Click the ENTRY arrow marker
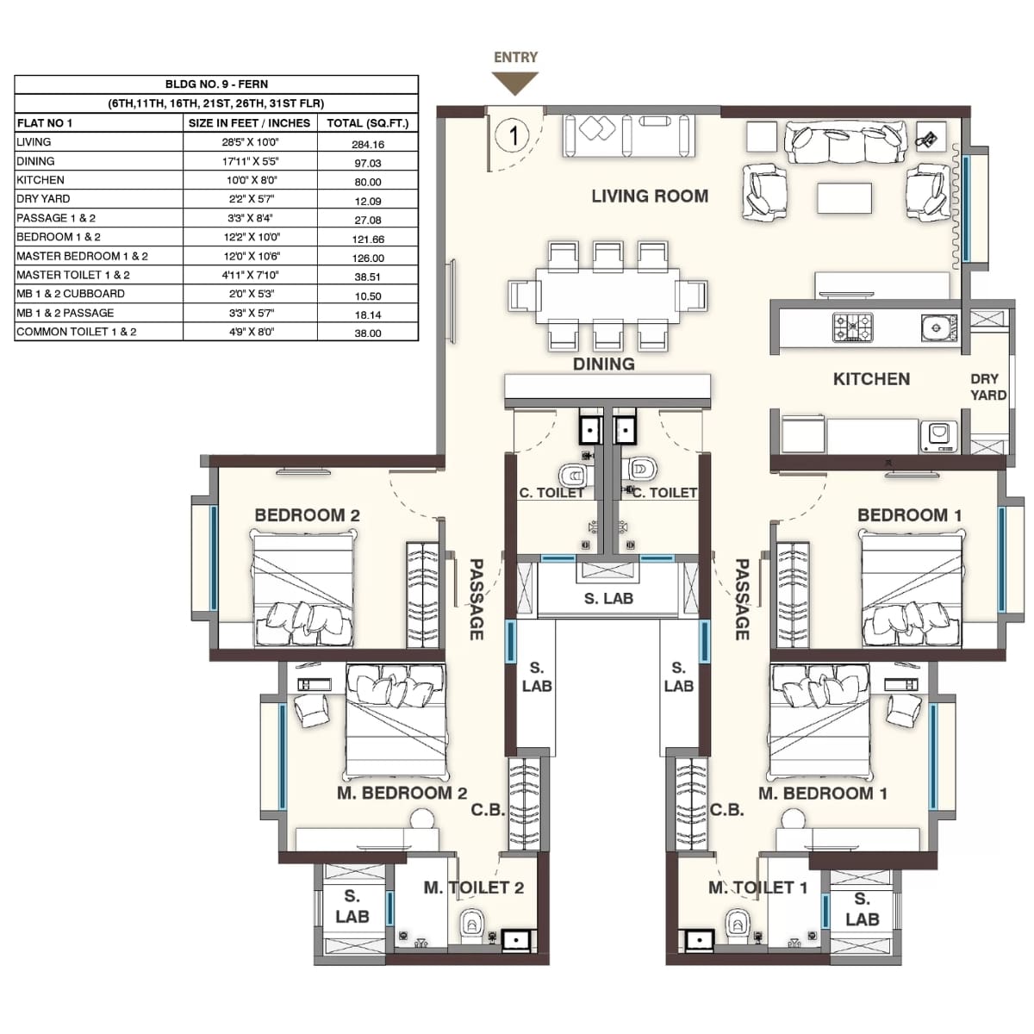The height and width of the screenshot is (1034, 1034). click(515, 84)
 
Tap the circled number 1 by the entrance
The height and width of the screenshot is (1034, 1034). click(514, 135)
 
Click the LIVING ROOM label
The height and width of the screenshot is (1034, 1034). click(650, 196)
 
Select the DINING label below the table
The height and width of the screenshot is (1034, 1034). click(603, 364)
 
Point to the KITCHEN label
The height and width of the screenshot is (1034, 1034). click(871, 379)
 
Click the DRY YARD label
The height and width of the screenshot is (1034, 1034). click(987, 387)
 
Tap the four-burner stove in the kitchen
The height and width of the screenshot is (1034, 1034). click(852, 327)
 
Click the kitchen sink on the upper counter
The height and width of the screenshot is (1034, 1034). click(937, 327)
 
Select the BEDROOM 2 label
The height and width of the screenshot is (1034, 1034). click(307, 515)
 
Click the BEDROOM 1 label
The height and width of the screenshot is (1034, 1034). click(909, 515)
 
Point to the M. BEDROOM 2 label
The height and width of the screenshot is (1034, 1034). click(402, 793)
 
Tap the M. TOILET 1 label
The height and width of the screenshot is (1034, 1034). click(757, 888)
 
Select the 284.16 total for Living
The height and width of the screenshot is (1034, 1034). click(368, 144)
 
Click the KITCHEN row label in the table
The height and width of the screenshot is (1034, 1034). click(40, 180)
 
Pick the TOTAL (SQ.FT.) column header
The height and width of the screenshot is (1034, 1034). click(368, 123)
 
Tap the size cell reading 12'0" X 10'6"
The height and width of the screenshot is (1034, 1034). click(251, 257)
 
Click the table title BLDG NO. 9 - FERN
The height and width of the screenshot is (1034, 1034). click(216, 84)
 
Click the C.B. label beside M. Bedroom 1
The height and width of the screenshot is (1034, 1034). click(726, 810)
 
